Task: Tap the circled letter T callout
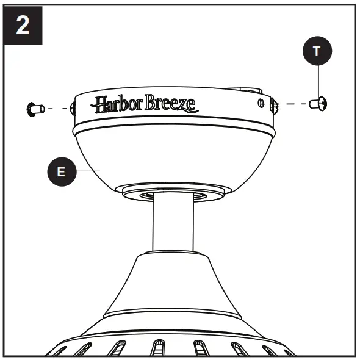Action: (x=315, y=51)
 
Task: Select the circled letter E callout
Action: (x=60, y=171)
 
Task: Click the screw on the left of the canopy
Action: (x=35, y=109)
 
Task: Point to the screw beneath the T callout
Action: (x=319, y=104)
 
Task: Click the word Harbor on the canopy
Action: (x=117, y=104)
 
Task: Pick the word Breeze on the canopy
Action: (x=171, y=104)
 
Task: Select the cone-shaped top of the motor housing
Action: (x=174, y=281)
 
